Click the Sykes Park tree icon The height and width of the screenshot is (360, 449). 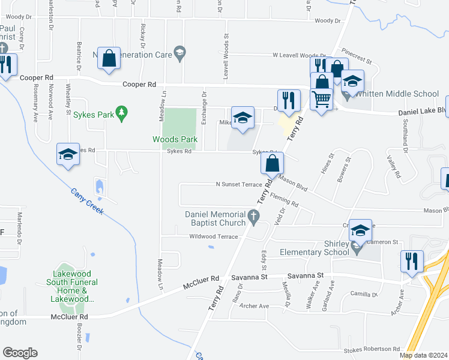click(x=122, y=113)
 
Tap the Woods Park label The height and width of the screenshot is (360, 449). click(x=175, y=140)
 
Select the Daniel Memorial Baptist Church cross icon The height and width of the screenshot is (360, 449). click(x=253, y=216)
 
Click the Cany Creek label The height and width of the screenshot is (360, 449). click(x=87, y=202)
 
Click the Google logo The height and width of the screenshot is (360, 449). click(x=20, y=353)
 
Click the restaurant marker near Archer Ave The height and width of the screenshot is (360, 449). click(x=411, y=261)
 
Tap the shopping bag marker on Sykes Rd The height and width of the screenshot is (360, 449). click(x=273, y=162)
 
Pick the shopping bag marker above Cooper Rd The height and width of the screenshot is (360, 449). click(x=109, y=59)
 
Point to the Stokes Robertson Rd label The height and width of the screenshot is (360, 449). click(x=372, y=349)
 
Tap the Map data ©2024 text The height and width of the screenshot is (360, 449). click(x=424, y=355)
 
